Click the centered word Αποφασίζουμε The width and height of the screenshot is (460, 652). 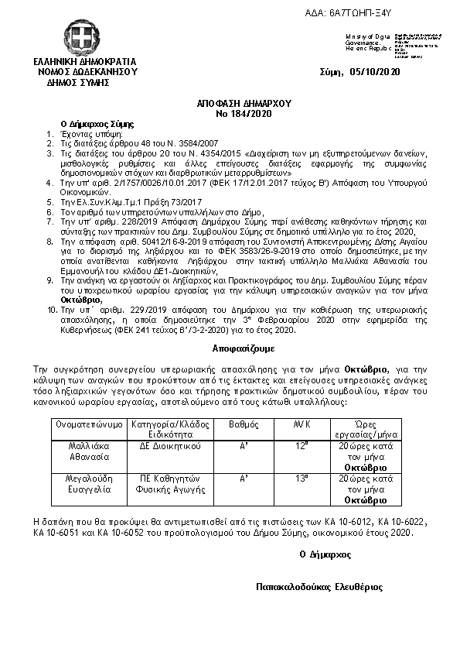coord(229,349)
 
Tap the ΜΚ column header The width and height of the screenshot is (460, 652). coord(302,424)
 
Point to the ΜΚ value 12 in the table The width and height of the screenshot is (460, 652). coord(302,446)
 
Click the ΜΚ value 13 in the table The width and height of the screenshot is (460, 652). coord(302,479)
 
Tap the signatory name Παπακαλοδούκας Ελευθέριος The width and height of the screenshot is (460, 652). coord(320,587)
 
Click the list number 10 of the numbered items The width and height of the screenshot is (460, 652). coord(52,307)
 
